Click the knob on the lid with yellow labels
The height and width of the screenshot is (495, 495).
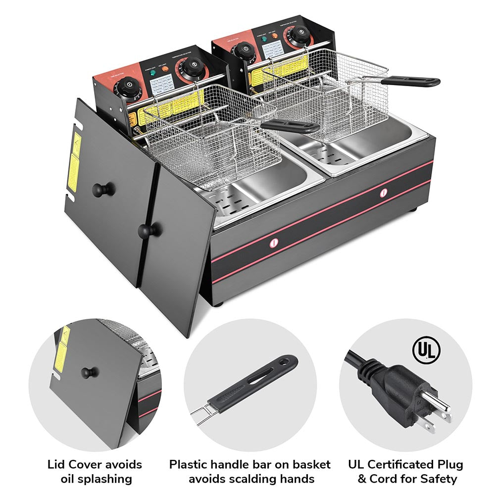pos(104,189)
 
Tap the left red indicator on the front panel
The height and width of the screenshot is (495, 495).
pos(273,243)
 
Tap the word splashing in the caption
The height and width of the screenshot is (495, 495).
pos(97,479)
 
